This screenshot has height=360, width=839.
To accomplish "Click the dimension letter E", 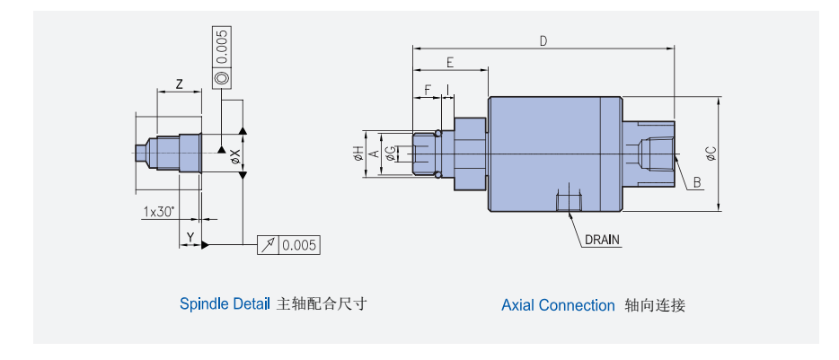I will [450, 61].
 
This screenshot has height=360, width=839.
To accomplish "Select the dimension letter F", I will [428, 89].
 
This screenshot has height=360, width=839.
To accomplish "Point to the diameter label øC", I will [711, 154].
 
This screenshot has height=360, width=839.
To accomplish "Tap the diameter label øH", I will [358, 154].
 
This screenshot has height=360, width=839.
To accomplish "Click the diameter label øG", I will [389, 154].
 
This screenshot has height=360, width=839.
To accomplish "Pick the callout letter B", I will [696, 183].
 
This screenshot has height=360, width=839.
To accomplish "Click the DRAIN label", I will [603, 240].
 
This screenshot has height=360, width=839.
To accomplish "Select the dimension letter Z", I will [180, 84].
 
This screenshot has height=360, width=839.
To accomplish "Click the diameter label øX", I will [234, 156].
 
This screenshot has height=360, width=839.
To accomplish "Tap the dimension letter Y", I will [190, 236].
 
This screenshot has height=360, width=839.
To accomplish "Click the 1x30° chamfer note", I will [159, 212].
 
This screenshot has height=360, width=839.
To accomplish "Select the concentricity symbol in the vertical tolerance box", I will [222, 77].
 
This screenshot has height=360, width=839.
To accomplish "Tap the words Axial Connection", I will [558, 305].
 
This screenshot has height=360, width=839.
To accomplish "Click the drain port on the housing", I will [570, 201].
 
